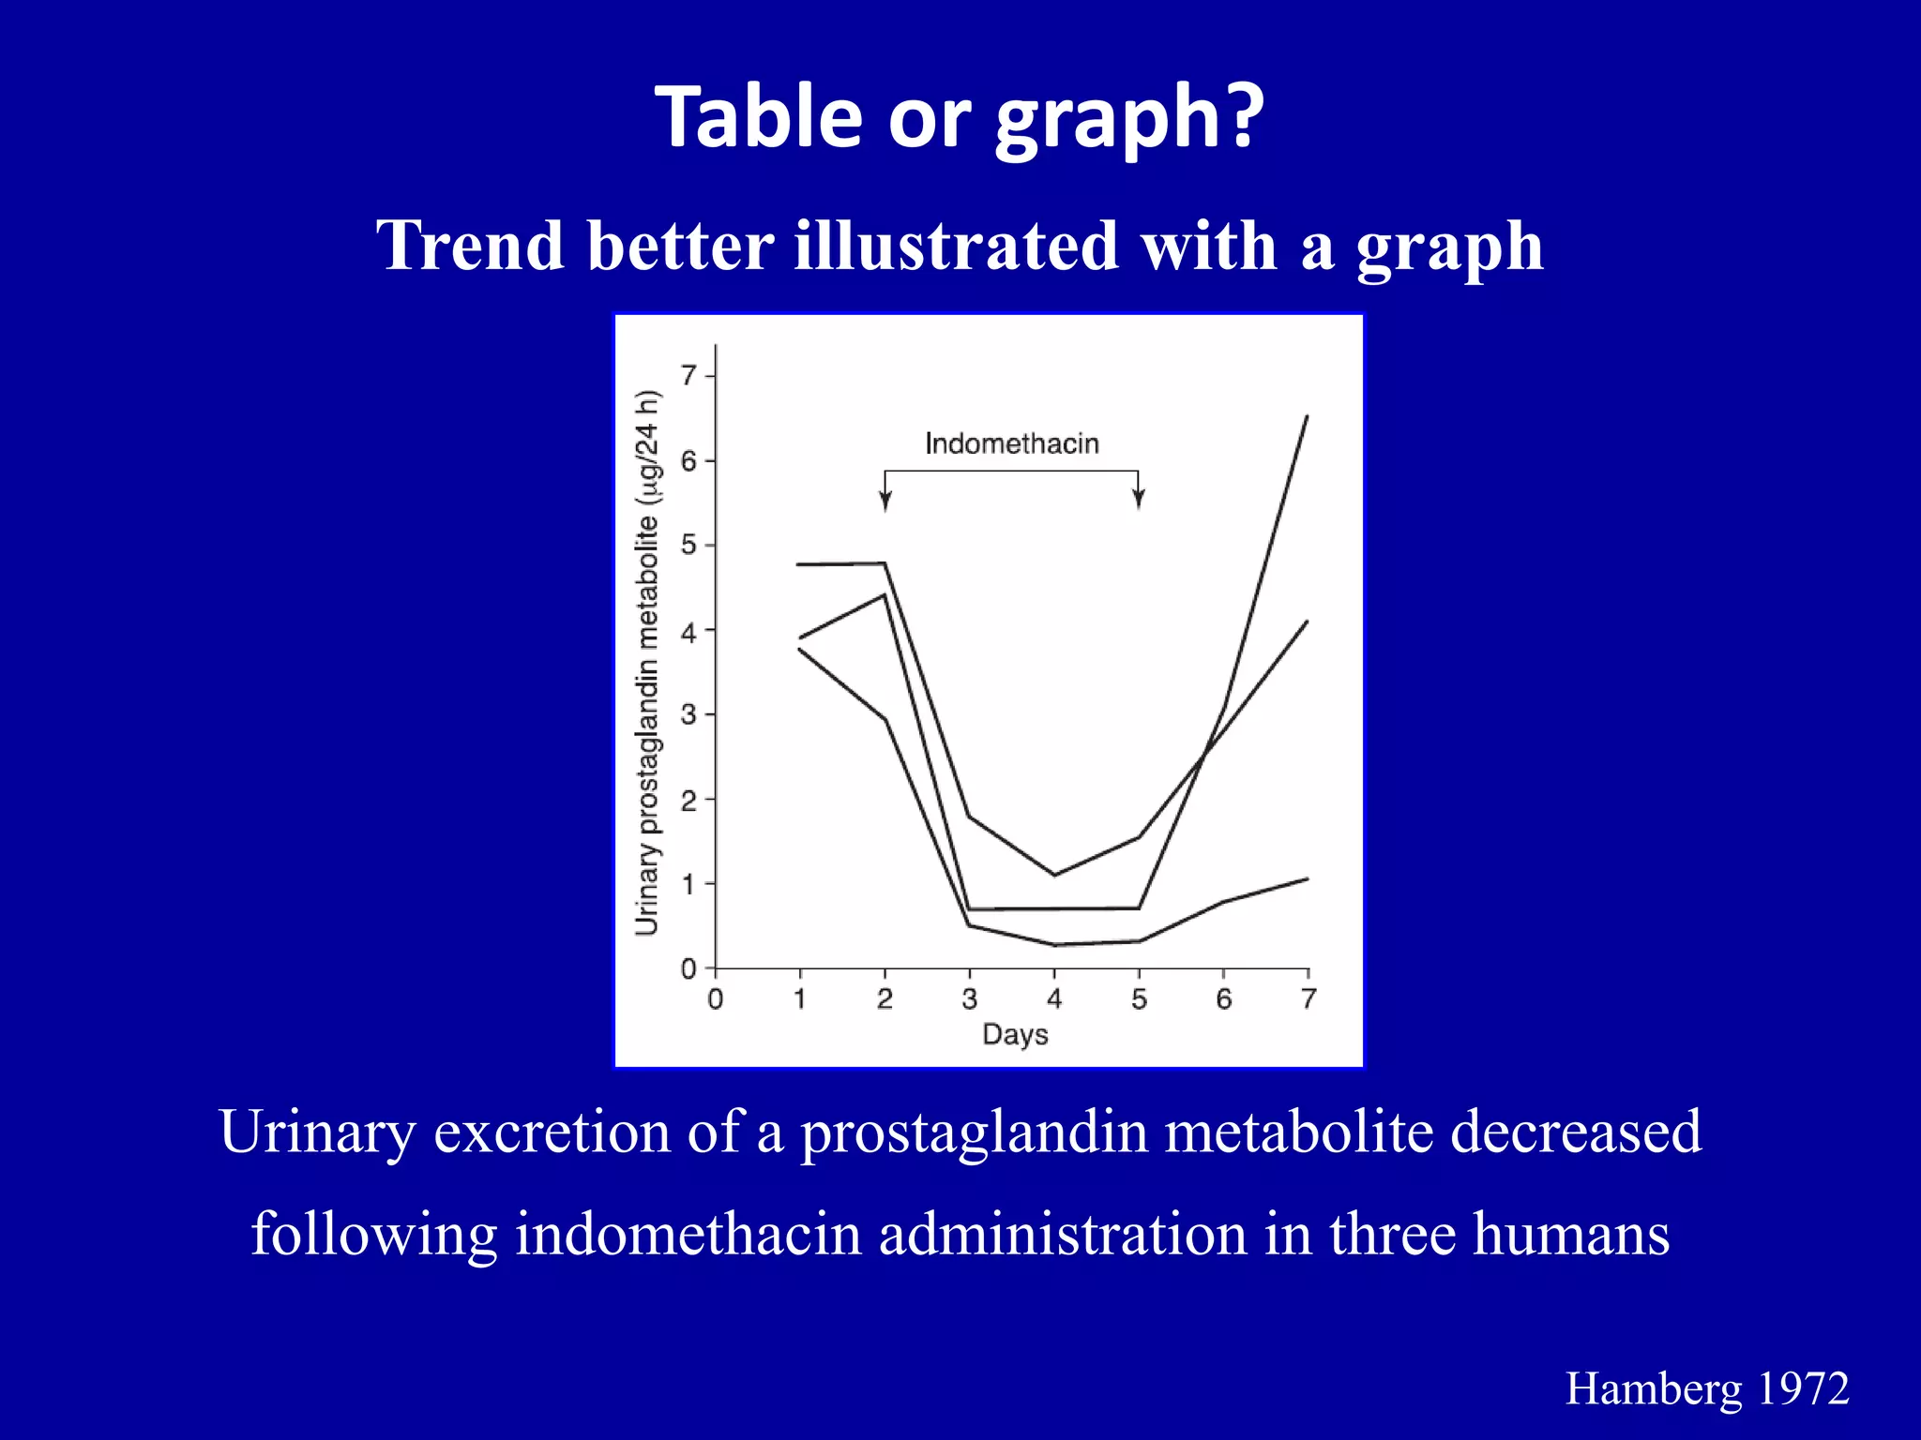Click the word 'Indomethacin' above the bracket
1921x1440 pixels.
(1011, 443)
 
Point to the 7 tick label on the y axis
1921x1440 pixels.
(689, 376)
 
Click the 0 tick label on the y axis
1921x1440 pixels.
(689, 968)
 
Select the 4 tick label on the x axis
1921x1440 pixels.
(1054, 999)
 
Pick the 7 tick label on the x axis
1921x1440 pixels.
(1308, 999)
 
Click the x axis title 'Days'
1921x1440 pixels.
(1015, 1035)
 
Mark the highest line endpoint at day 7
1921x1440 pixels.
(1307, 416)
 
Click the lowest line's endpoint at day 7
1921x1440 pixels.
(1307, 878)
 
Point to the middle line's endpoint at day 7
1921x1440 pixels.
(1307, 622)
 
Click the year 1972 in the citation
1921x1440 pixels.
(1802, 1388)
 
